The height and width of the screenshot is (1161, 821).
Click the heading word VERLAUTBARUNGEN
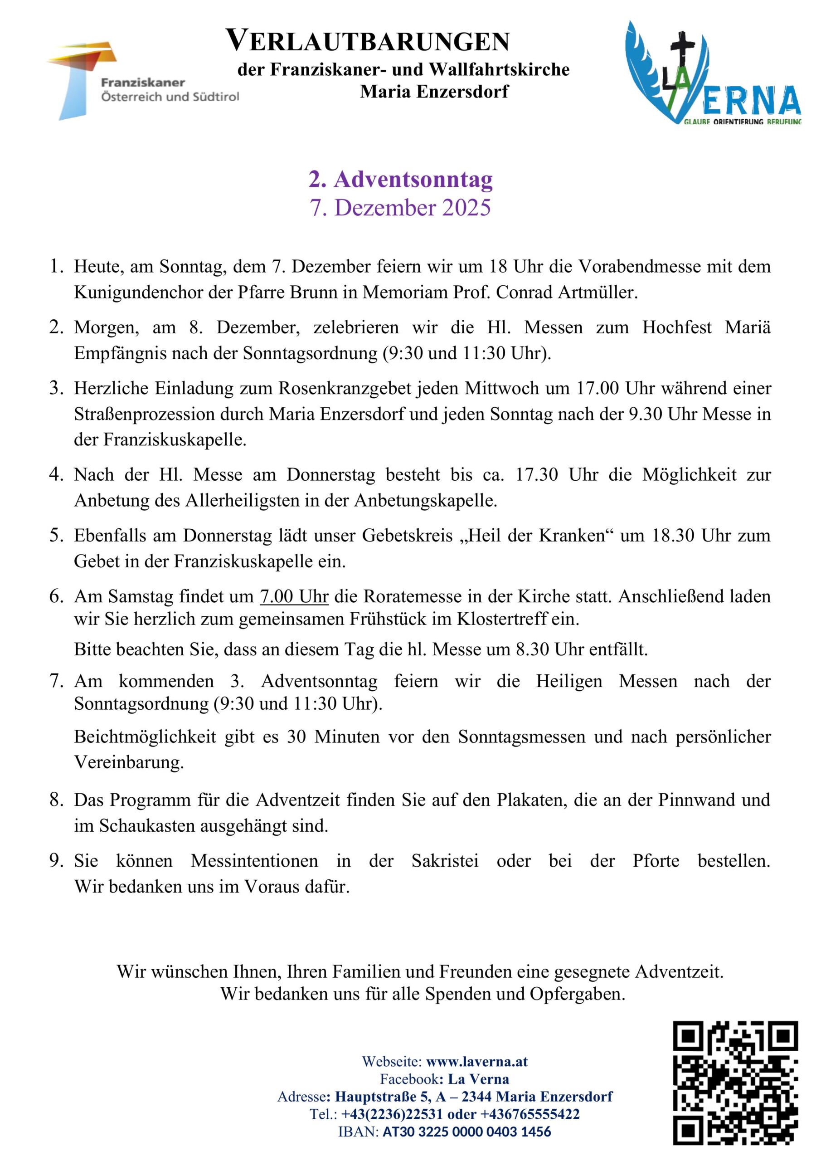click(368, 40)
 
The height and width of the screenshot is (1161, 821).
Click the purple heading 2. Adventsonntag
click(400, 180)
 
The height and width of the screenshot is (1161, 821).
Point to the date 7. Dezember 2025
click(400, 208)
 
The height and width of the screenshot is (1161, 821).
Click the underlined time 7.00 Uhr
click(294, 596)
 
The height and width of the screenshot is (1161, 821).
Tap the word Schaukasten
click(146, 826)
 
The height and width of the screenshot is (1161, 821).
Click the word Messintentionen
click(254, 861)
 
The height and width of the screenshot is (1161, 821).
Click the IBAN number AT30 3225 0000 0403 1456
click(466, 1131)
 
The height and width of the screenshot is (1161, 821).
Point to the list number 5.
click(56, 536)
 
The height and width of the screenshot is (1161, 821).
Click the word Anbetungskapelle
click(425, 500)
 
